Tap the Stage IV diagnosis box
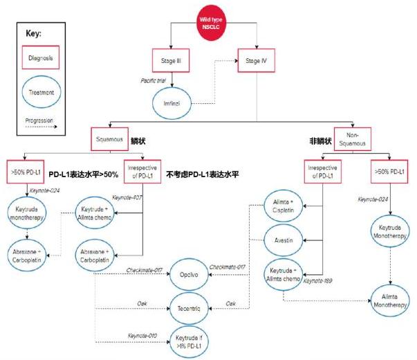point(254,62)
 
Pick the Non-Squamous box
point(353,138)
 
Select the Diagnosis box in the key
point(43,59)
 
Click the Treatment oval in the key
point(43,91)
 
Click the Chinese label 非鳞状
point(319,141)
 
